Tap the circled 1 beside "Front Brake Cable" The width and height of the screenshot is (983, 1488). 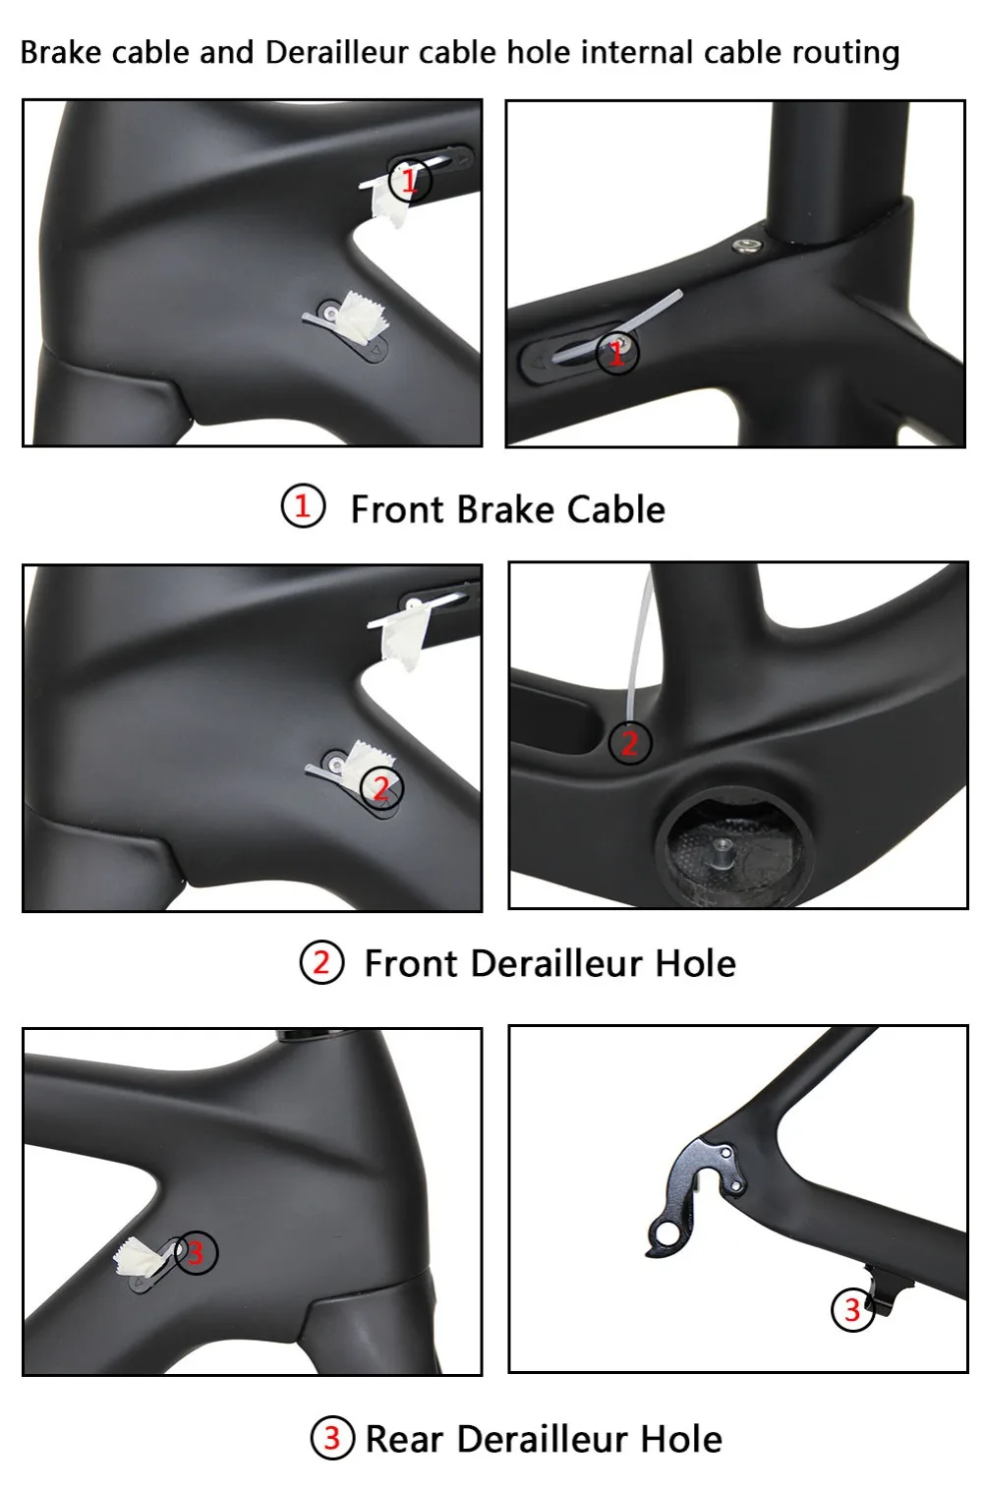[303, 507]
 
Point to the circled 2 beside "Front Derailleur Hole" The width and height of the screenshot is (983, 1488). [321, 962]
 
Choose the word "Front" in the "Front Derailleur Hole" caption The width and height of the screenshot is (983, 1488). [412, 963]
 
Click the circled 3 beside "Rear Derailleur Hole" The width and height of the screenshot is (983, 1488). [332, 1438]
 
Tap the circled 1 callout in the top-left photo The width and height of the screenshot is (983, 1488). [410, 180]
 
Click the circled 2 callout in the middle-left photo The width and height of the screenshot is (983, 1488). [381, 786]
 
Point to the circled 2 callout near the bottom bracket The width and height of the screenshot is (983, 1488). [630, 743]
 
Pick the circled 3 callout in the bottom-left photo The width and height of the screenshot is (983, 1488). [195, 1252]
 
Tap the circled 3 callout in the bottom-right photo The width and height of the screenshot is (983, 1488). [852, 1309]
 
